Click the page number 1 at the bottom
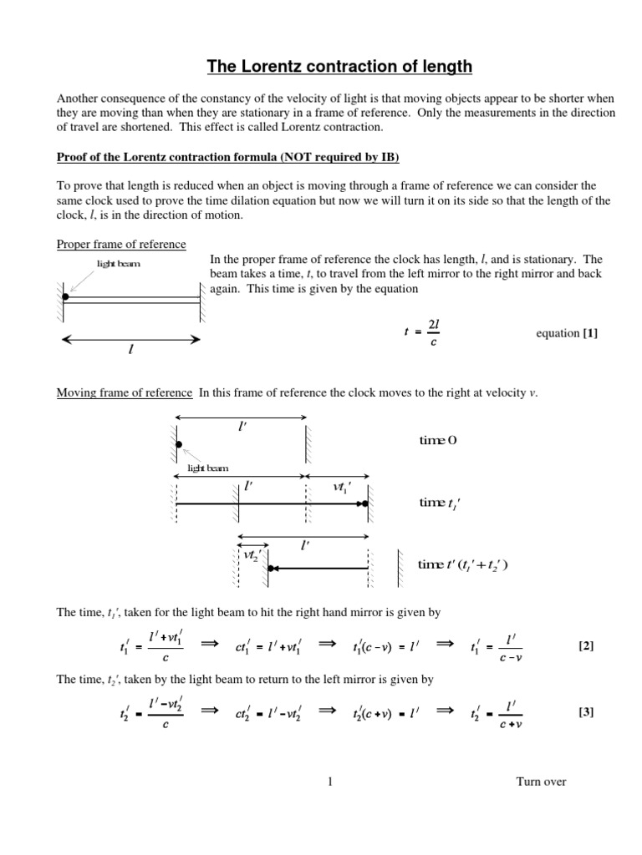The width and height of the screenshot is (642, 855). click(x=330, y=782)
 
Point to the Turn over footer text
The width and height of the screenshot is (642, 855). click(x=541, y=782)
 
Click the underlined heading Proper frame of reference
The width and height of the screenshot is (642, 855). click(x=121, y=244)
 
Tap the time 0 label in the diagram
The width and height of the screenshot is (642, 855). click(x=438, y=440)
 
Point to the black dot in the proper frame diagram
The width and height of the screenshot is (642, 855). click(x=65, y=296)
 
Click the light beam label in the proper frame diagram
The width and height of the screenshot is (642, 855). click(x=118, y=264)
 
